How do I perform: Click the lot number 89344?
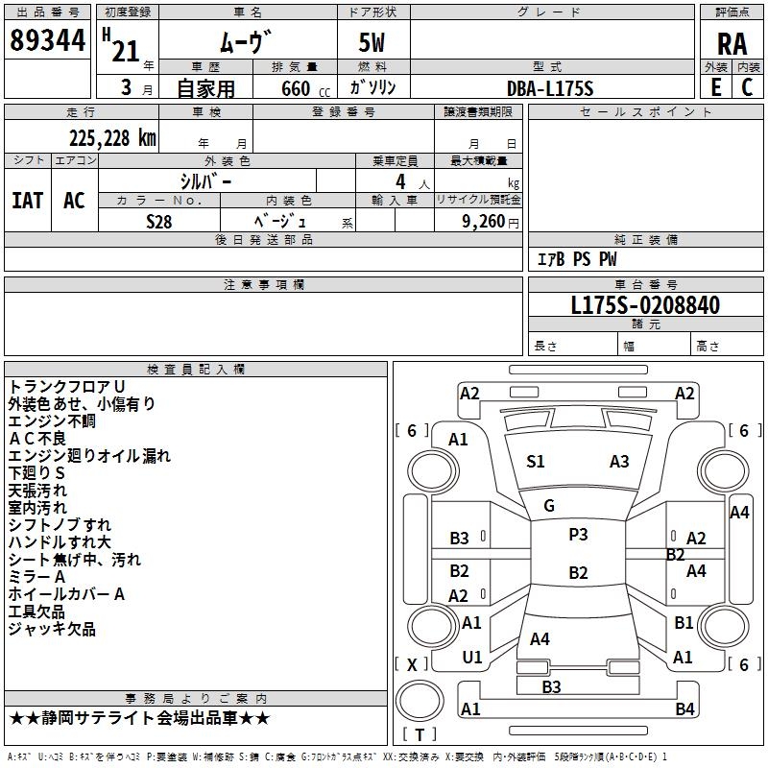47,40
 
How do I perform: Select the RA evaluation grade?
732,44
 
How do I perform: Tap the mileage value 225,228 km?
112,138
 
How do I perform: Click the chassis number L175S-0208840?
645,305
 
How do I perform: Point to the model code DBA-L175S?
550,88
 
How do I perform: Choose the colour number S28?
159,222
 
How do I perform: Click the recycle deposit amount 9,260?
484,222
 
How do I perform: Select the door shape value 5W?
372,42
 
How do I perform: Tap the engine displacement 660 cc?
305,89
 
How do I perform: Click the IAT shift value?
28,201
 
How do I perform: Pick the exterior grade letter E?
716,87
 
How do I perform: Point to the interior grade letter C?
747,87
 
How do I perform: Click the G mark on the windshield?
549,506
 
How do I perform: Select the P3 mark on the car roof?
578,535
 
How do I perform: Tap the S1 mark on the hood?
536,462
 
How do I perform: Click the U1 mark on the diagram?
472,658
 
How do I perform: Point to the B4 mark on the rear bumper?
684,708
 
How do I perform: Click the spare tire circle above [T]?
420,701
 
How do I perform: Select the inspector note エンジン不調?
52,421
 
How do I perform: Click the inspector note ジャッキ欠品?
52,629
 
